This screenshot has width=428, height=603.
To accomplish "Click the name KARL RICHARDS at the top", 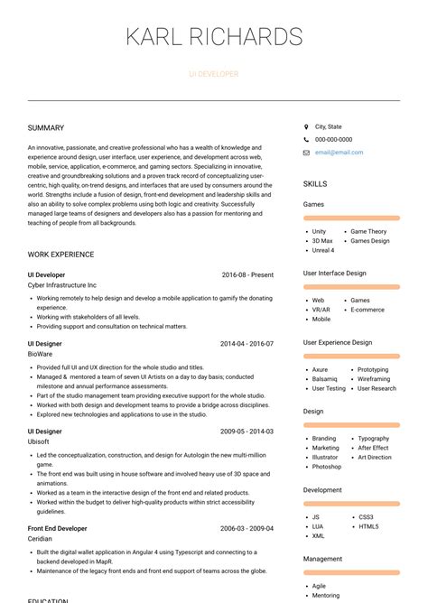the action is pyautogui.click(x=214, y=37).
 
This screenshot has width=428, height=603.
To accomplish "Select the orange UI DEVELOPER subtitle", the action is pyautogui.click(x=214, y=74).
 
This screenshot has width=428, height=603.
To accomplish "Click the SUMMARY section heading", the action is pyautogui.click(x=46, y=128).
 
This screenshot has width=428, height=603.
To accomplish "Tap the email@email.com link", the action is pyautogui.click(x=339, y=153).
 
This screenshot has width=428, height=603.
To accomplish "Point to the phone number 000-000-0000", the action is pyautogui.click(x=333, y=140).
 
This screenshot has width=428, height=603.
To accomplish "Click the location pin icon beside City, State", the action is pyautogui.click(x=306, y=127).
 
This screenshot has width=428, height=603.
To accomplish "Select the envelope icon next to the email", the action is pyautogui.click(x=306, y=153).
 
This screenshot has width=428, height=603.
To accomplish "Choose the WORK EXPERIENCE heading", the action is pyautogui.click(x=60, y=255).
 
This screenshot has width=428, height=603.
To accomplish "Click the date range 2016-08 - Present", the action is pyautogui.click(x=247, y=274).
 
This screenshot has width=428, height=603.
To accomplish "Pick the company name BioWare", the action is pyautogui.click(x=41, y=355).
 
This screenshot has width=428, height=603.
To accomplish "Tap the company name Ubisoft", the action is pyautogui.click(x=40, y=442).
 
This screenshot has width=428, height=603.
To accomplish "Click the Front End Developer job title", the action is pyautogui.click(x=58, y=528).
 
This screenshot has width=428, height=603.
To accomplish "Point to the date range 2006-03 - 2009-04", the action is pyautogui.click(x=247, y=528).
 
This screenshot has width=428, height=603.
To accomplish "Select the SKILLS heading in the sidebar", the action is pyautogui.click(x=315, y=184).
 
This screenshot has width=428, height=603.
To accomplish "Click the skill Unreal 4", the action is pyautogui.click(x=323, y=250).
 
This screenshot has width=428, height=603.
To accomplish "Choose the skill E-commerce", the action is pyautogui.click(x=368, y=310).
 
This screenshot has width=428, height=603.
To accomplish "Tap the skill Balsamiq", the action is pyautogui.click(x=324, y=379).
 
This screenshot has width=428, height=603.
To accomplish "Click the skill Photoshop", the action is pyautogui.click(x=327, y=467).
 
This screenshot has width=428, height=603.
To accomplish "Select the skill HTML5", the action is pyautogui.click(x=368, y=526).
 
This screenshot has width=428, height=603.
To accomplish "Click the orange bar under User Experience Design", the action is pyautogui.click(x=351, y=356).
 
